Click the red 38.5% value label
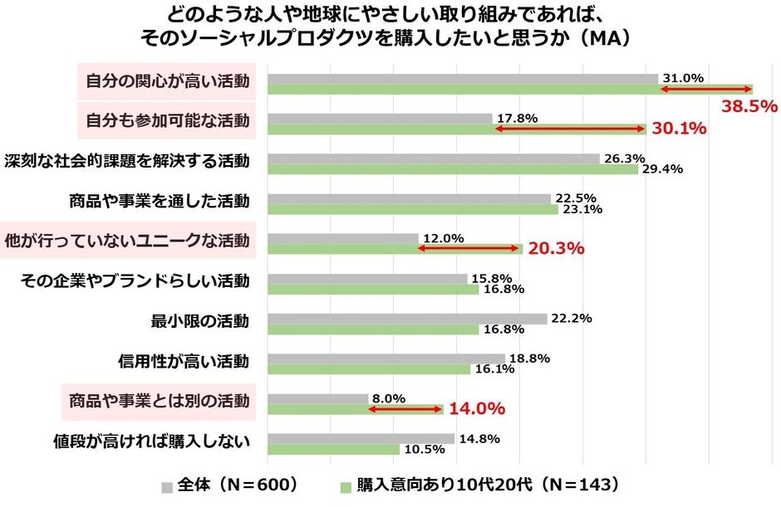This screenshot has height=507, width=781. [x=749, y=106]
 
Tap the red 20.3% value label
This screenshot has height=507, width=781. [x=555, y=248]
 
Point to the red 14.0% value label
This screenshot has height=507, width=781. [x=477, y=408]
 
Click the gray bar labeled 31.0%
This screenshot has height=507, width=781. [x=462, y=79]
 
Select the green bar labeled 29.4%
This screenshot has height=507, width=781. [x=452, y=169]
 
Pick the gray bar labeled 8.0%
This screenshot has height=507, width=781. [x=317, y=398]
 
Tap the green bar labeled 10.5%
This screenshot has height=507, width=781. [x=333, y=449]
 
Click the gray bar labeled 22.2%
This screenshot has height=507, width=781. [x=407, y=319]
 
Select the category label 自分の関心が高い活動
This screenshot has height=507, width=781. [x=167, y=81]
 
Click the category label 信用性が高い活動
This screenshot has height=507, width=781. [x=184, y=361]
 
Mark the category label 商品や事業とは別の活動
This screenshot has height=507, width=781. [x=159, y=401]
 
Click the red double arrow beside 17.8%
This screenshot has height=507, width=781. [x=569, y=129]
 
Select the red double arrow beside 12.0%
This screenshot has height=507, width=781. [x=469, y=247]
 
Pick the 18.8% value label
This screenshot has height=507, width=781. [x=528, y=358]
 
